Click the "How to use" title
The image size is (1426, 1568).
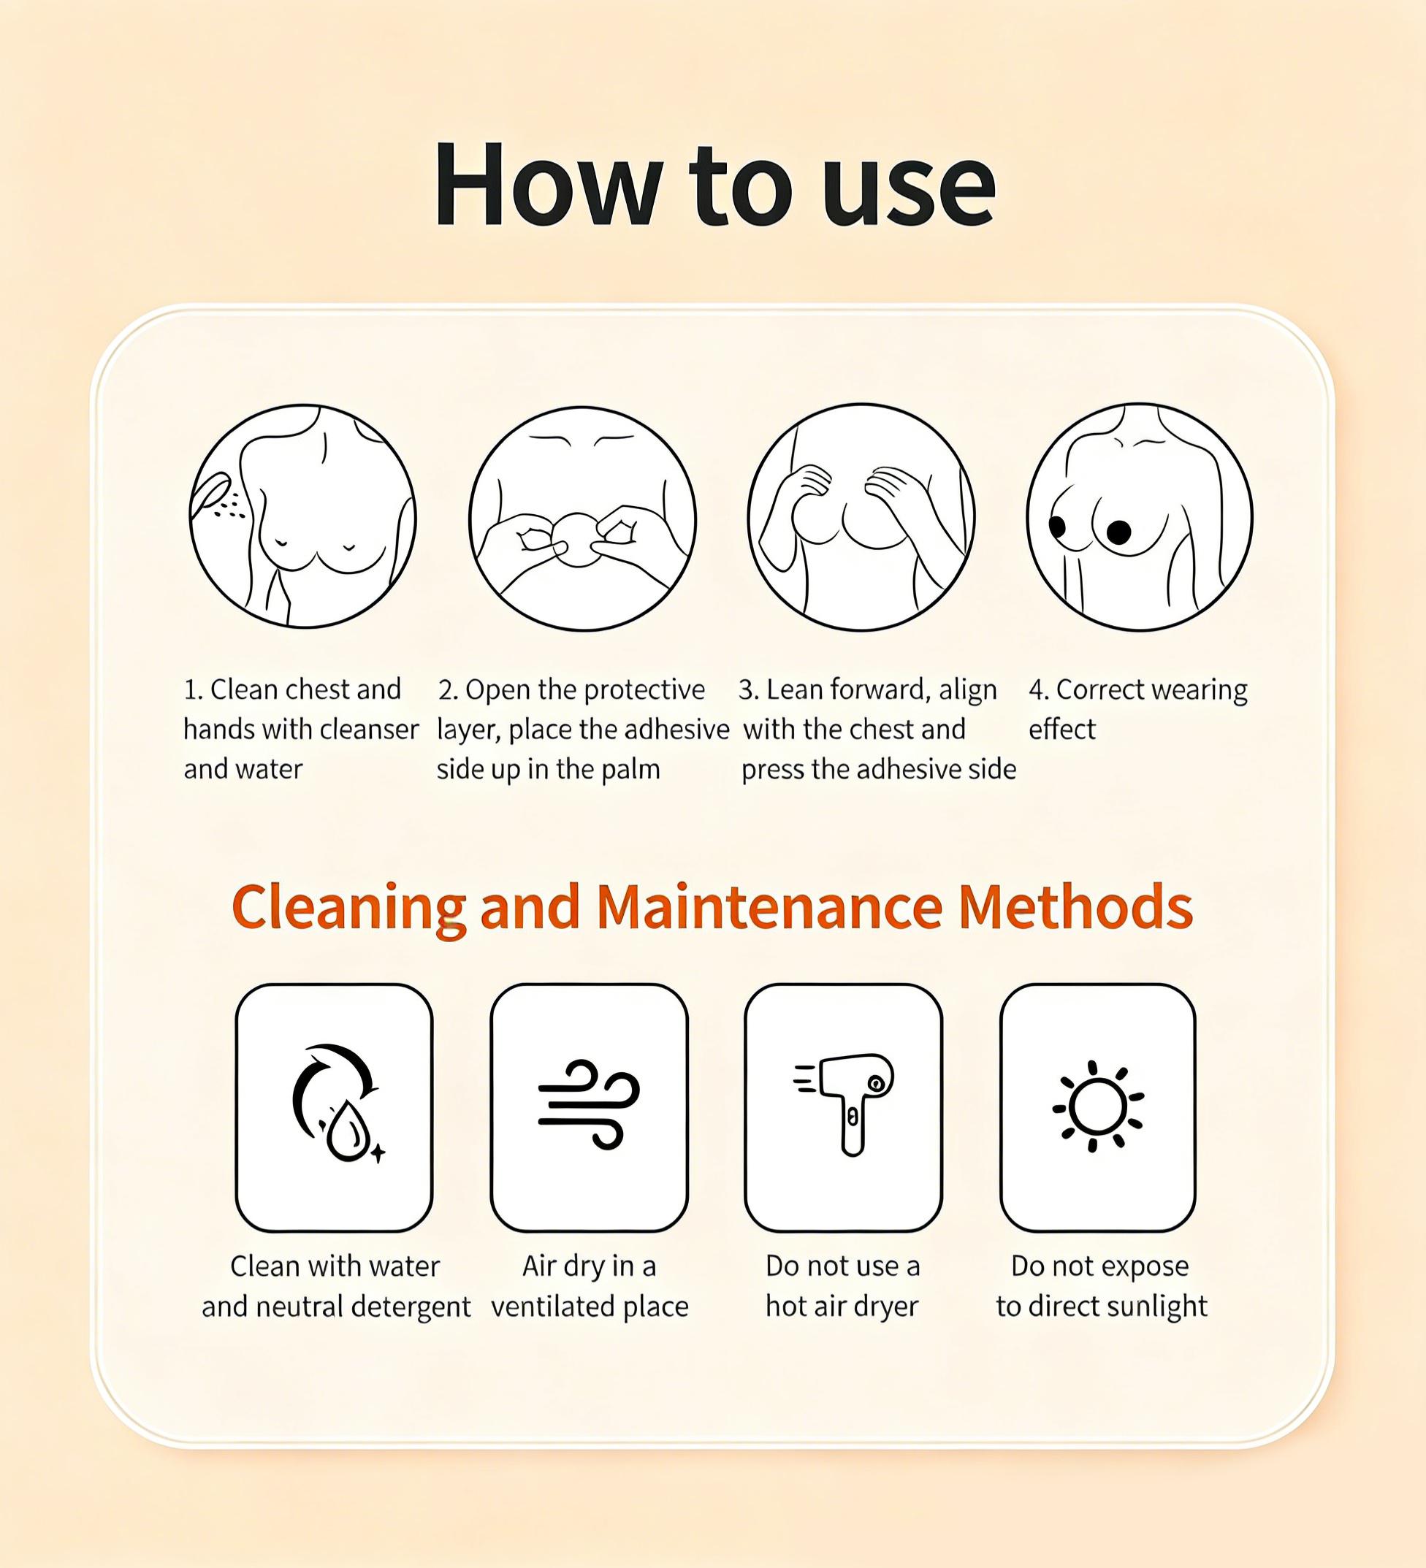[x=714, y=185]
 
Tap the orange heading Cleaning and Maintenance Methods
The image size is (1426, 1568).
[x=712, y=907]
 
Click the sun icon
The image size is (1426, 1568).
[x=1098, y=1105]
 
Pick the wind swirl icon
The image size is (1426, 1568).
[x=589, y=1104]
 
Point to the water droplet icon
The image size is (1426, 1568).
[x=348, y=1132]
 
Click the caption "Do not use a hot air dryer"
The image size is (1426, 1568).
[x=842, y=1285]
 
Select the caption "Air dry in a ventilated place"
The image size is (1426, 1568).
[x=589, y=1286]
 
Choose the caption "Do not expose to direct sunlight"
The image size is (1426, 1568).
[x=1101, y=1286]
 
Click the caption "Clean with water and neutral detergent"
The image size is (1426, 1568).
[x=336, y=1286]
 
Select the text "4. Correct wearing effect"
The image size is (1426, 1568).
[x=1137, y=709]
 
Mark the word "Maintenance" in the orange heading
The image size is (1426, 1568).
[x=769, y=907]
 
